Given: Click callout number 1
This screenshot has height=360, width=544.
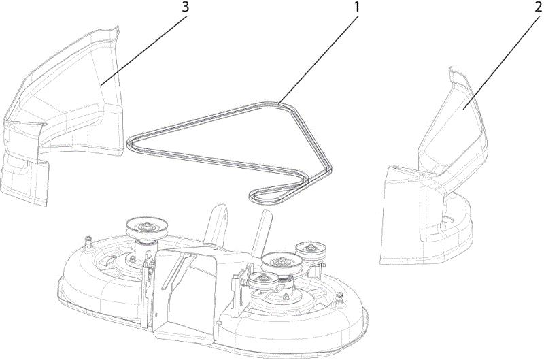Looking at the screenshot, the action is coord(356,7).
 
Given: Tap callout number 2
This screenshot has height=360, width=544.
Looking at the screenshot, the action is coord(539,7).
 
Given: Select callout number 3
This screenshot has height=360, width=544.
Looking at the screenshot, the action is coord(186,7).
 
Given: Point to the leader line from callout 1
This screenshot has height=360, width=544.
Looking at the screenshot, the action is coord(318,59).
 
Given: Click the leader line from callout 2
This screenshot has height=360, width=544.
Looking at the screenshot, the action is coord(501,63).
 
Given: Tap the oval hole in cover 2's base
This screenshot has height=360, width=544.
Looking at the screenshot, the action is coord(449,219).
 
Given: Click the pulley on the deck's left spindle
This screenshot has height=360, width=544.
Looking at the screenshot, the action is coord(143,228).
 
